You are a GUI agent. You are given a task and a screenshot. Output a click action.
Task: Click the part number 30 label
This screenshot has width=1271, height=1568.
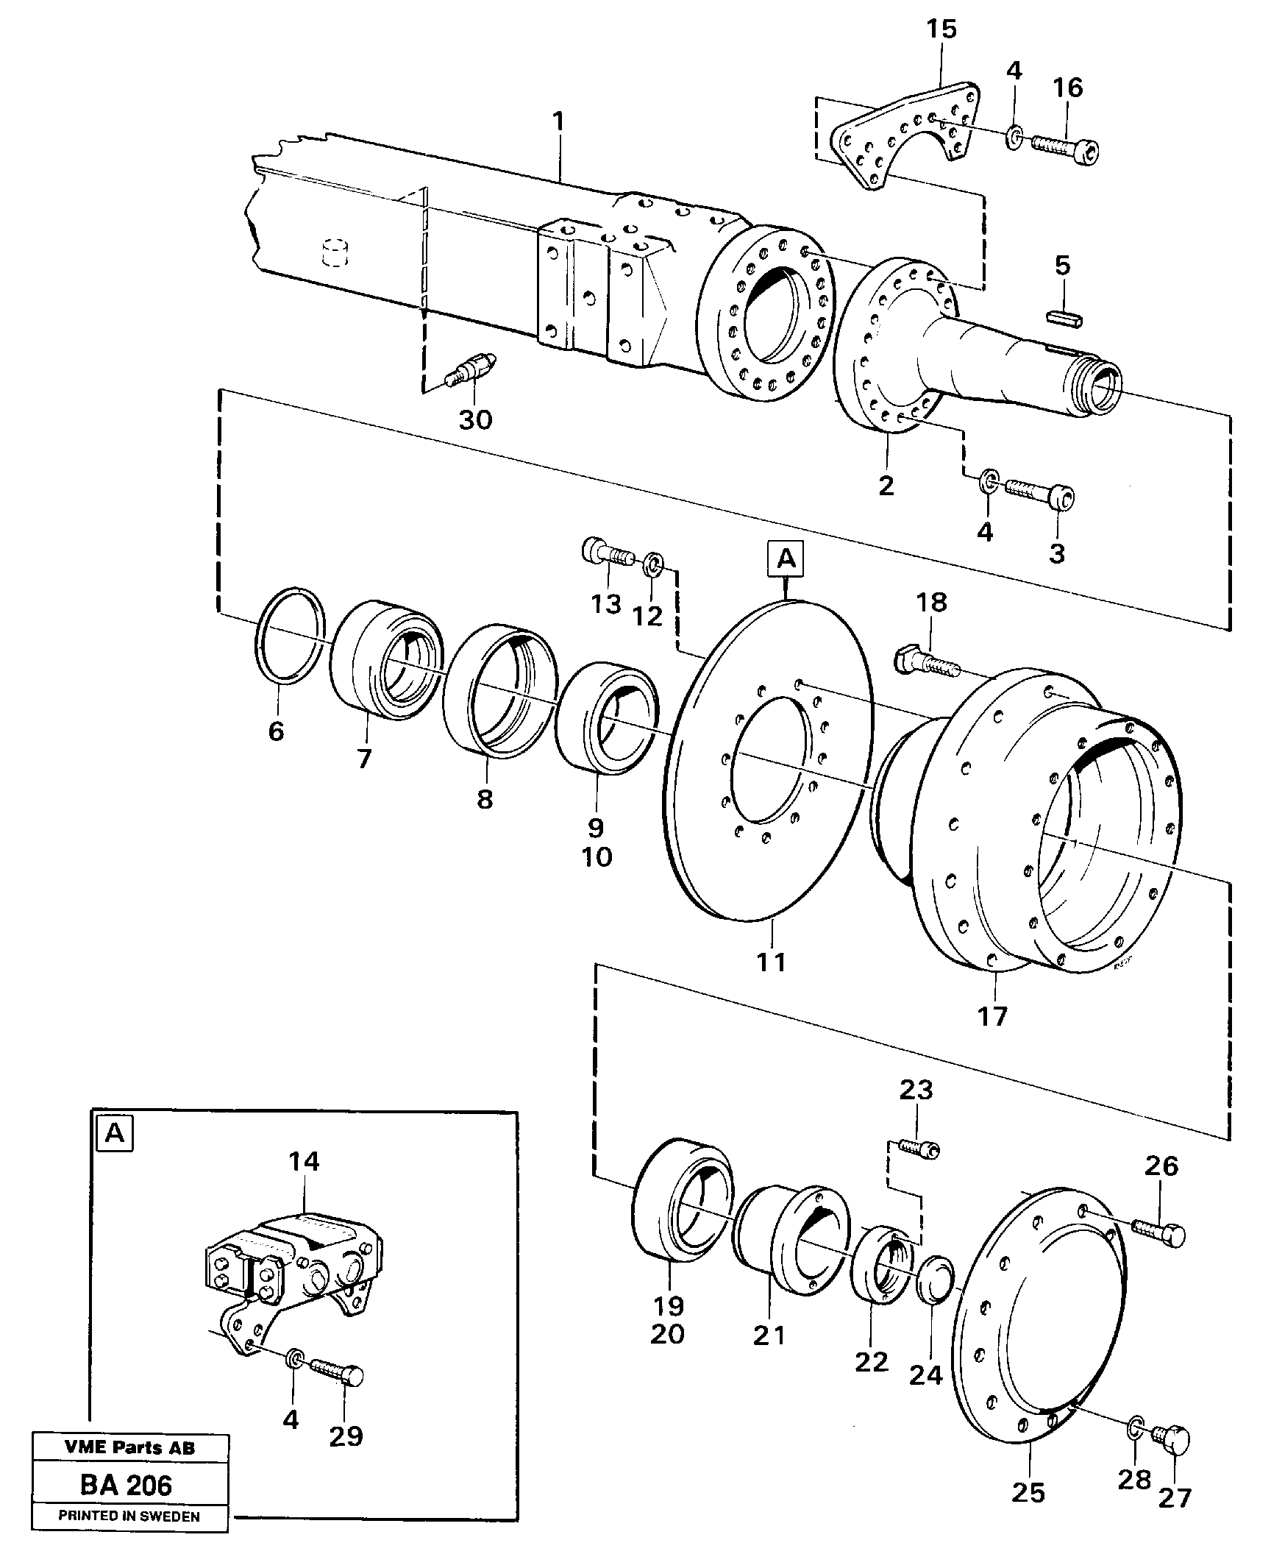(475, 420)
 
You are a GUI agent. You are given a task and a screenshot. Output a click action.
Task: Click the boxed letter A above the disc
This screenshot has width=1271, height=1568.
(786, 559)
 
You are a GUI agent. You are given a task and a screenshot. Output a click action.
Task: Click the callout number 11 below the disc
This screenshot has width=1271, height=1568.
(772, 962)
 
